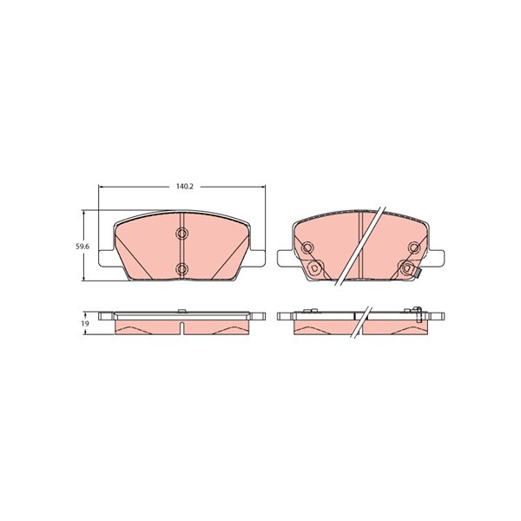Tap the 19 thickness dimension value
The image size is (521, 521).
(x=85, y=323)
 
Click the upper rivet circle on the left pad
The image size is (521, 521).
(x=181, y=234)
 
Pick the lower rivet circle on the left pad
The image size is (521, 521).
(x=181, y=268)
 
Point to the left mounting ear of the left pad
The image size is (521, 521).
(x=107, y=258)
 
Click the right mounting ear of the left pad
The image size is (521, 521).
(x=258, y=258)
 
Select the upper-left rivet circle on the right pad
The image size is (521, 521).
(x=307, y=247)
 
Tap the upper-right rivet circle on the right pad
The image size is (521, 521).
(x=414, y=247)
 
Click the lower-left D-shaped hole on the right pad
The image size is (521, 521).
(x=314, y=267)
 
